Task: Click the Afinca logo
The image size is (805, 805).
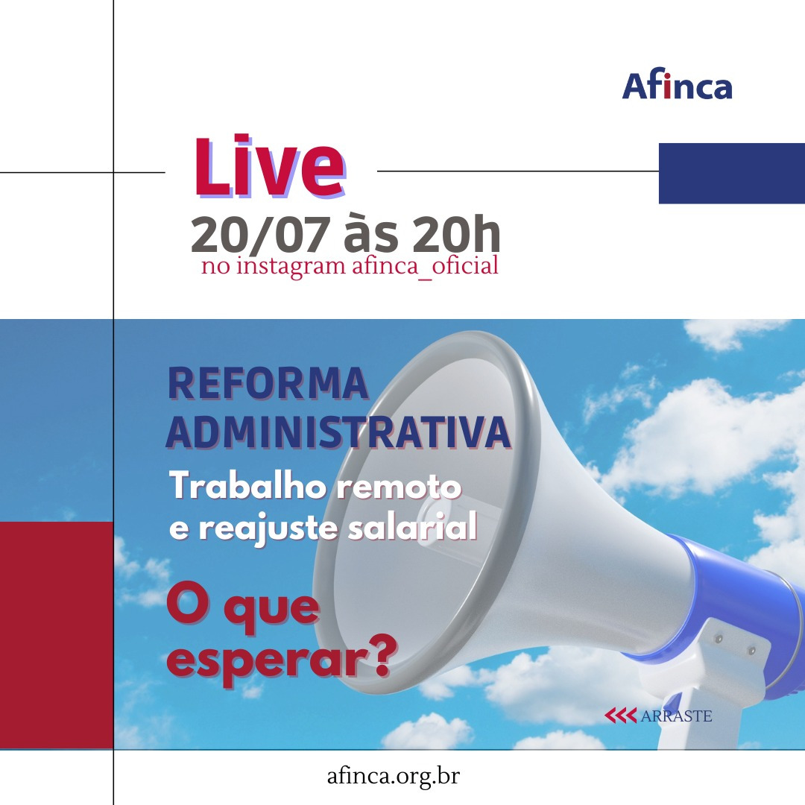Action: click(677, 86)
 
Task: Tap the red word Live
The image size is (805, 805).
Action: click(269, 168)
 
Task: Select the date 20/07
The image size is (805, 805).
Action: click(260, 234)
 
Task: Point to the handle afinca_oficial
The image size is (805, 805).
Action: click(425, 266)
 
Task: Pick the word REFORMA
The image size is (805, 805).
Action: click(268, 383)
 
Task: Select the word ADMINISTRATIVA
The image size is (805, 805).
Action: click(338, 432)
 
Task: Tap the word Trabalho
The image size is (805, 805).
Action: click(247, 486)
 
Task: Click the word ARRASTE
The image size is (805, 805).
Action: click(676, 716)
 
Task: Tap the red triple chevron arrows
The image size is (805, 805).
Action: click(620, 716)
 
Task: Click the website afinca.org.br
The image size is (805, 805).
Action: click(394, 776)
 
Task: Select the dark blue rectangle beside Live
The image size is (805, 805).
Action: click(732, 174)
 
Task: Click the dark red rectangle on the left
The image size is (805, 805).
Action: click(57, 635)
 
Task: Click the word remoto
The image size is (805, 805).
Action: click(399, 487)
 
